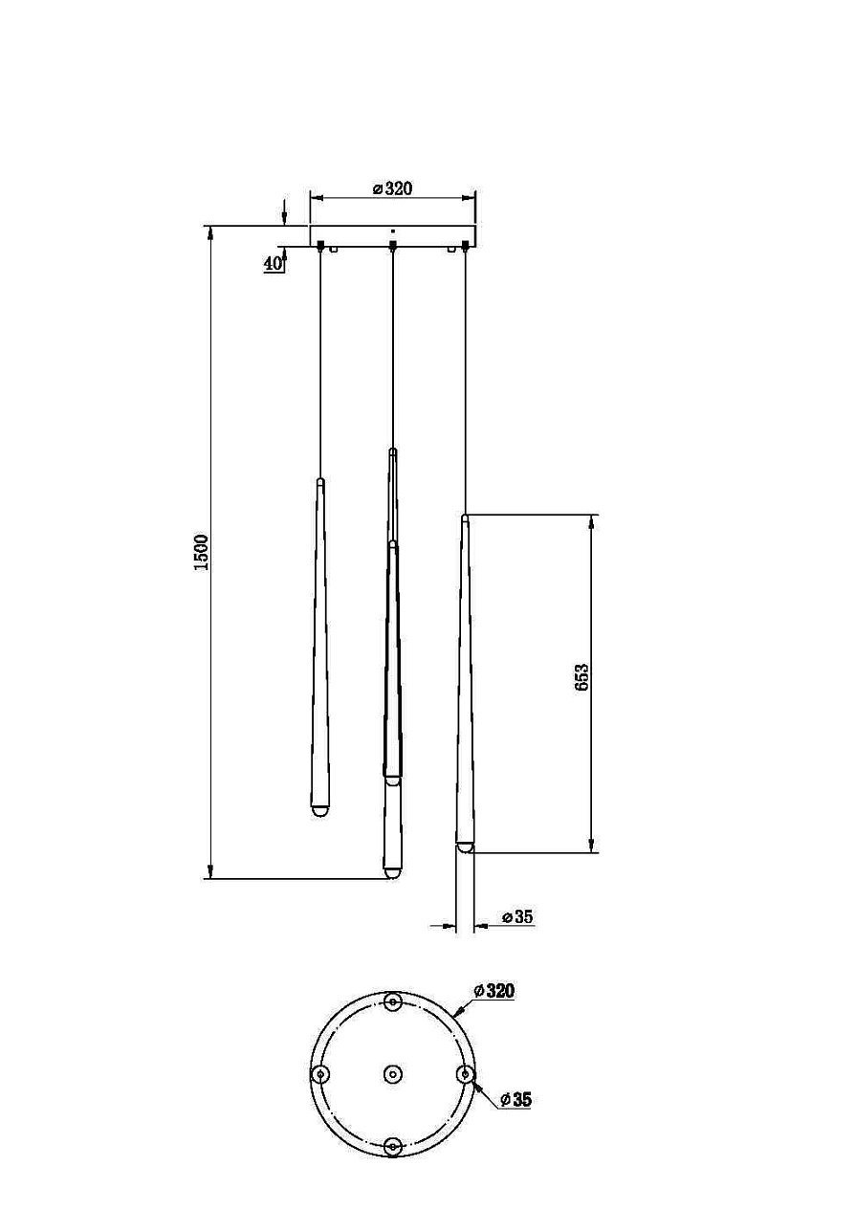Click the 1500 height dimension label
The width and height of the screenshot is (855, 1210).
click(201, 553)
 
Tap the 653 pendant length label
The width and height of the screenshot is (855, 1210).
click(581, 677)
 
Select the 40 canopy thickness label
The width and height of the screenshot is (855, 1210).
click(273, 264)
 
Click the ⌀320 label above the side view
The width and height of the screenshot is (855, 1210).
click(393, 188)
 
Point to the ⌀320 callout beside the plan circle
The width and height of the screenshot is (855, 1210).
click(494, 991)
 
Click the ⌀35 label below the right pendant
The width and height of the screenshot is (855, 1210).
click(517, 916)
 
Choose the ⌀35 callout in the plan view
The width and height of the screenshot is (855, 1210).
click(515, 1099)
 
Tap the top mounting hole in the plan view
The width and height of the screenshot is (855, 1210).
click(393, 1002)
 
